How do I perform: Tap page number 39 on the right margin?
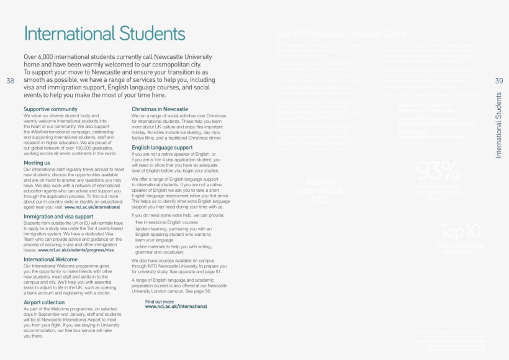(499, 81)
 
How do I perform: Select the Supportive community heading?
(50, 109)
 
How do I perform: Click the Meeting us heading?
(37, 163)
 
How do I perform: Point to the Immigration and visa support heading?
(58, 217)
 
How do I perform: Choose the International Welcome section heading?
(51, 259)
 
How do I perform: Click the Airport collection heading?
(43, 302)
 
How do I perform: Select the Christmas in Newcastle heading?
(160, 109)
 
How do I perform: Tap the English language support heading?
(162, 147)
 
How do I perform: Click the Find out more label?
(160, 302)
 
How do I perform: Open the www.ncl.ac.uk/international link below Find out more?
(176, 307)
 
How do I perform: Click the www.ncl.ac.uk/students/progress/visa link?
(76, 250)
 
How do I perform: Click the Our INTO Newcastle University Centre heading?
(341, 34)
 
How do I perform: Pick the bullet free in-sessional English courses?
(166, 222)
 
